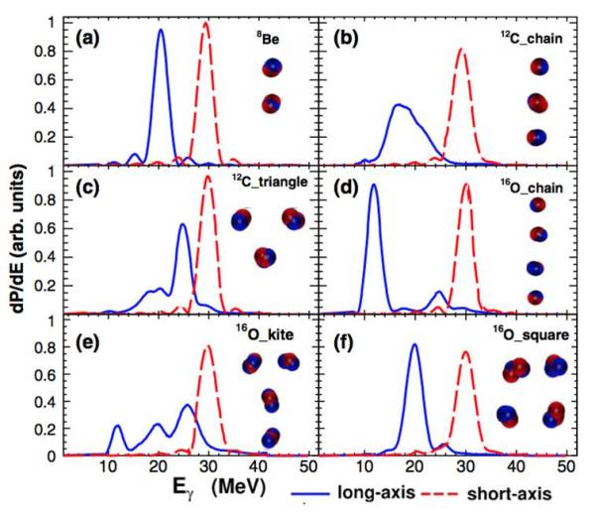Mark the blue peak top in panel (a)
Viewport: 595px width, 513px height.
(162, 30)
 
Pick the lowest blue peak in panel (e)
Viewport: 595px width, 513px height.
(118, 427)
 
